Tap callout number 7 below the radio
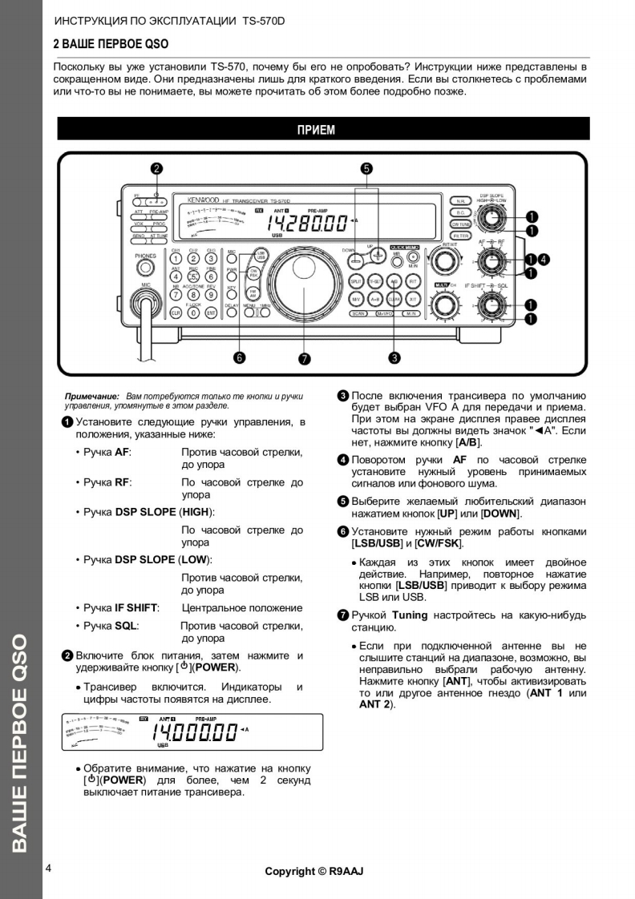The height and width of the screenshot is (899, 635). (x=304, y=357)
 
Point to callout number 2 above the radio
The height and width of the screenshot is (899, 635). (x=157, y=169)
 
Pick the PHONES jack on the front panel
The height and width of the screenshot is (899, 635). (x=145, y=268)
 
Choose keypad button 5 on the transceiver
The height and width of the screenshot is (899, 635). (x=193, y=277)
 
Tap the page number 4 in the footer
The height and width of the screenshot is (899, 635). (x=49, y=868)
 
